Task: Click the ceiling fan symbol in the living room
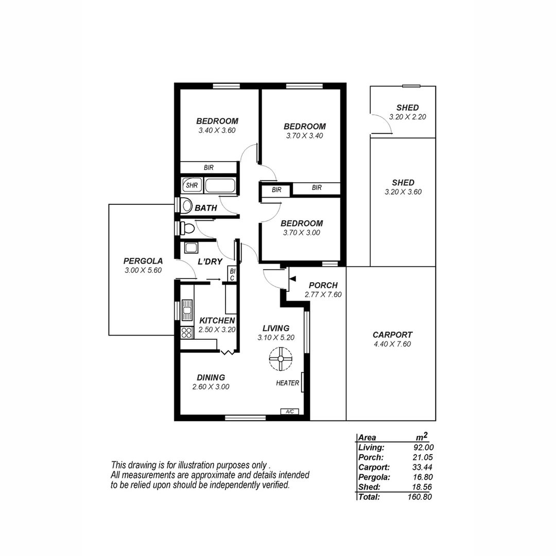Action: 281,358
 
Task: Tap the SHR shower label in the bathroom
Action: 192,185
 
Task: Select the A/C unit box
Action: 290,411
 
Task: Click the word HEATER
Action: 287,383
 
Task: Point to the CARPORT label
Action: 392,335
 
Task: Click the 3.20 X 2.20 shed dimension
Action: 407,117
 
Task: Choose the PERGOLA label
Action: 143,260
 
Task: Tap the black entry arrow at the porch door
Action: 292,279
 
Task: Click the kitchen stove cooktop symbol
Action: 186,332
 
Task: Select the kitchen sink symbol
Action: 186,310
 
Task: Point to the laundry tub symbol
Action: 191,248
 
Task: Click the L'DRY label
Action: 210,262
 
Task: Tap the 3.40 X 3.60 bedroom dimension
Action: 217,130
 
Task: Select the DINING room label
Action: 211,377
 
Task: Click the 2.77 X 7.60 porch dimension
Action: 323,295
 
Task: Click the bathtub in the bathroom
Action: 220,185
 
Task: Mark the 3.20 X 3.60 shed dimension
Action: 403,192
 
